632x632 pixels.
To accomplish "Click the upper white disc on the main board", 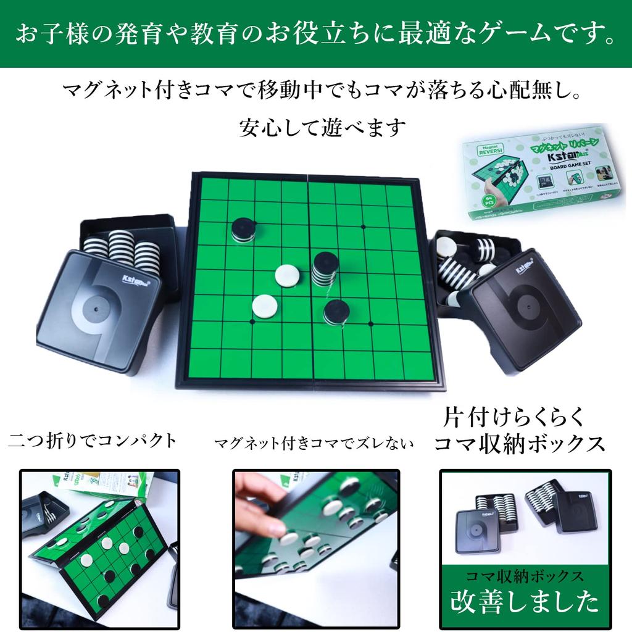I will click(288, 275).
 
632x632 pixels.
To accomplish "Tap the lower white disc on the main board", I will click(264, 306).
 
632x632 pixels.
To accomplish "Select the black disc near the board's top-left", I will click(244, 229).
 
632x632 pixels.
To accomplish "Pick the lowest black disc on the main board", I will click(336, 312).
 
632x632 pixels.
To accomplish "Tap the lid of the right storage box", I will click(526, 309).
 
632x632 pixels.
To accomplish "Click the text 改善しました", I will click(525, 601).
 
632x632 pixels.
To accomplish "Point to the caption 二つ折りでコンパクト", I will click(93, 440).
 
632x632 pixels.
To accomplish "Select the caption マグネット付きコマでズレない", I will click(314, 444).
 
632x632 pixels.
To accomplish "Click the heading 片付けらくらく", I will click(513, 417).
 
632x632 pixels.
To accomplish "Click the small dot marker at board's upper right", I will click(363, 227).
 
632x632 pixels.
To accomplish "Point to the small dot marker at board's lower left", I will click(252, 322).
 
